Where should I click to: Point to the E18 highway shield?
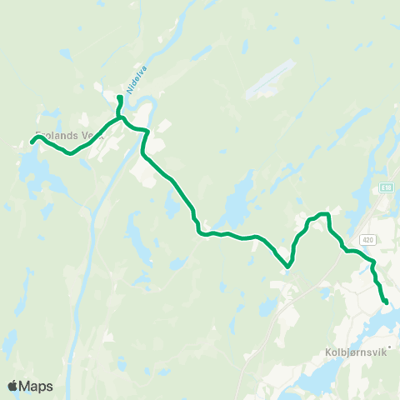[x=385, y=189]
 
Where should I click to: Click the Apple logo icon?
[x=13, y=386]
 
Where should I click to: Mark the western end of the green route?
[x=32, y=142]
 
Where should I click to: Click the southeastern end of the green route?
[x=386, y=302]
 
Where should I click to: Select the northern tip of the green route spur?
[x=120, y=98]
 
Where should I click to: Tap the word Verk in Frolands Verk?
[x=90, y=135]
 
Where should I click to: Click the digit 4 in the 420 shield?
[x=367, y=239]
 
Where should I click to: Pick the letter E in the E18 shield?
[x=382, y=189]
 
